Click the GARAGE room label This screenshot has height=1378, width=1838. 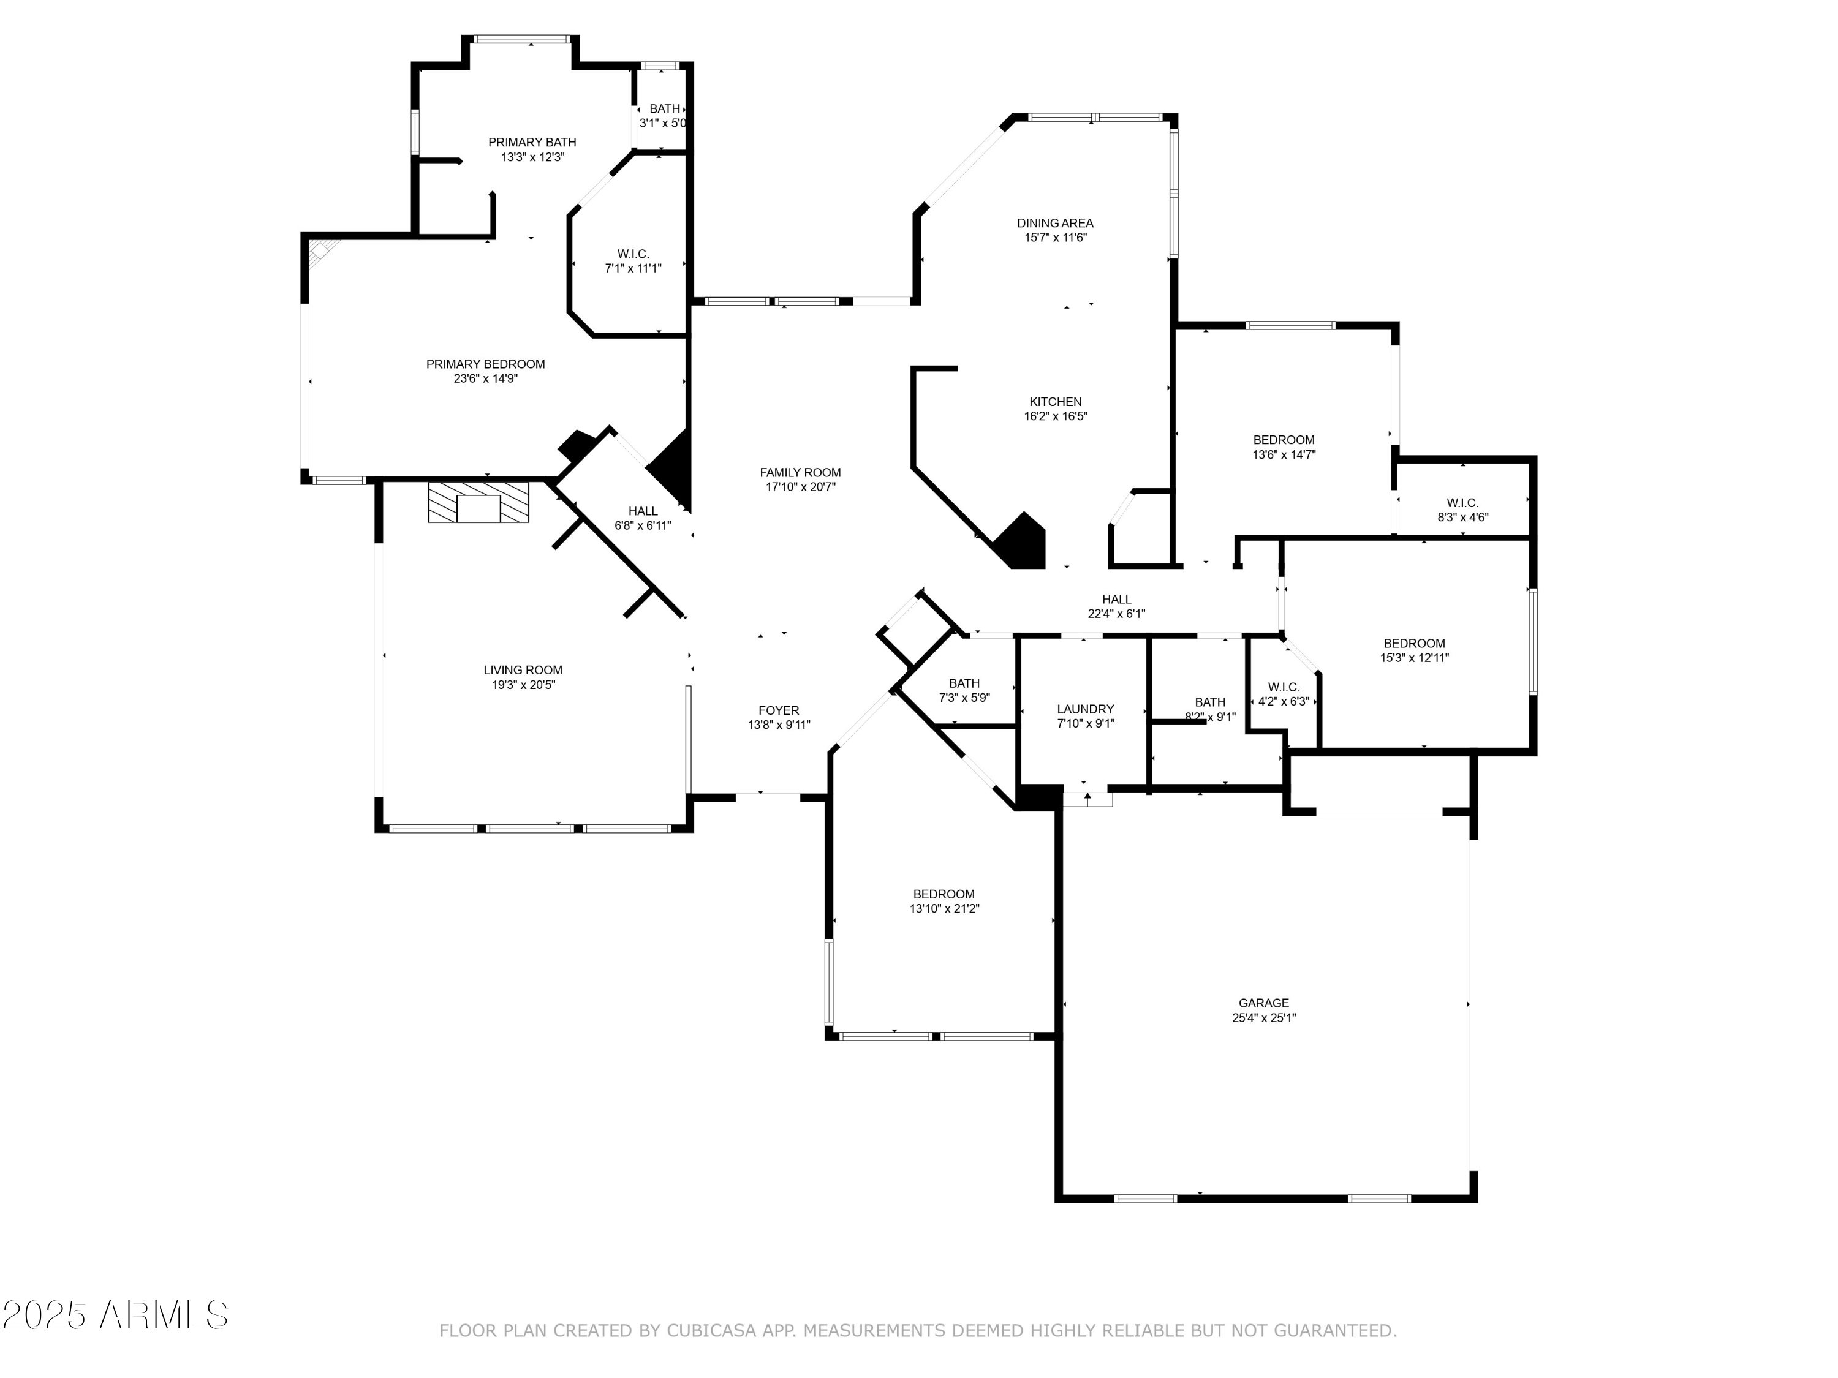pyautogui.click(x=1263, y=1003)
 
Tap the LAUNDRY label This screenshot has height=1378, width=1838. pyautogui.click(x=1085, y=709)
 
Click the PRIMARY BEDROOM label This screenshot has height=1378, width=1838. pyautogui.click(x=485, y=364)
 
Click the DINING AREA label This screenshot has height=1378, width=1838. pyautogui.click(x=1054, y=222)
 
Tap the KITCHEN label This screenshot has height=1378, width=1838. pyautogui.click(x=1055, y=401)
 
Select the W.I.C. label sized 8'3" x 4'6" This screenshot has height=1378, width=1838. pyautogui.click(x=1462, y=503)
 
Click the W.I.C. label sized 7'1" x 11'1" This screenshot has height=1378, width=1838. pyautogui.click(x=633, y=254)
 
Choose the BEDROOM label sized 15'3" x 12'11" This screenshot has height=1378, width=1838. pyautogui.click(x=1413, y=643)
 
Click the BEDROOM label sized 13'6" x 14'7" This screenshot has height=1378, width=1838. pyautogui.click(x=1283, y=439)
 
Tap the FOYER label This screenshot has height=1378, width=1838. pyautogui.click(x=779, y=710)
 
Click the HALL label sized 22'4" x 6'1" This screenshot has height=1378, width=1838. pyautogui.click(x=1116, y=599)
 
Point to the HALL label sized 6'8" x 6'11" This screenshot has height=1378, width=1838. pyautogui.click(x=642, y=511)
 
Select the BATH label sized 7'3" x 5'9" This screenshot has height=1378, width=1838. pyautogui.click(x=964, y=683)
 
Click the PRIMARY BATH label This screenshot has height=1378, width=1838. pyautogui.click(x=532, y=142)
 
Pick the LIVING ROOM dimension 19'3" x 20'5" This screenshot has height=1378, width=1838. pyautogui.click(x=523, y=685)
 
